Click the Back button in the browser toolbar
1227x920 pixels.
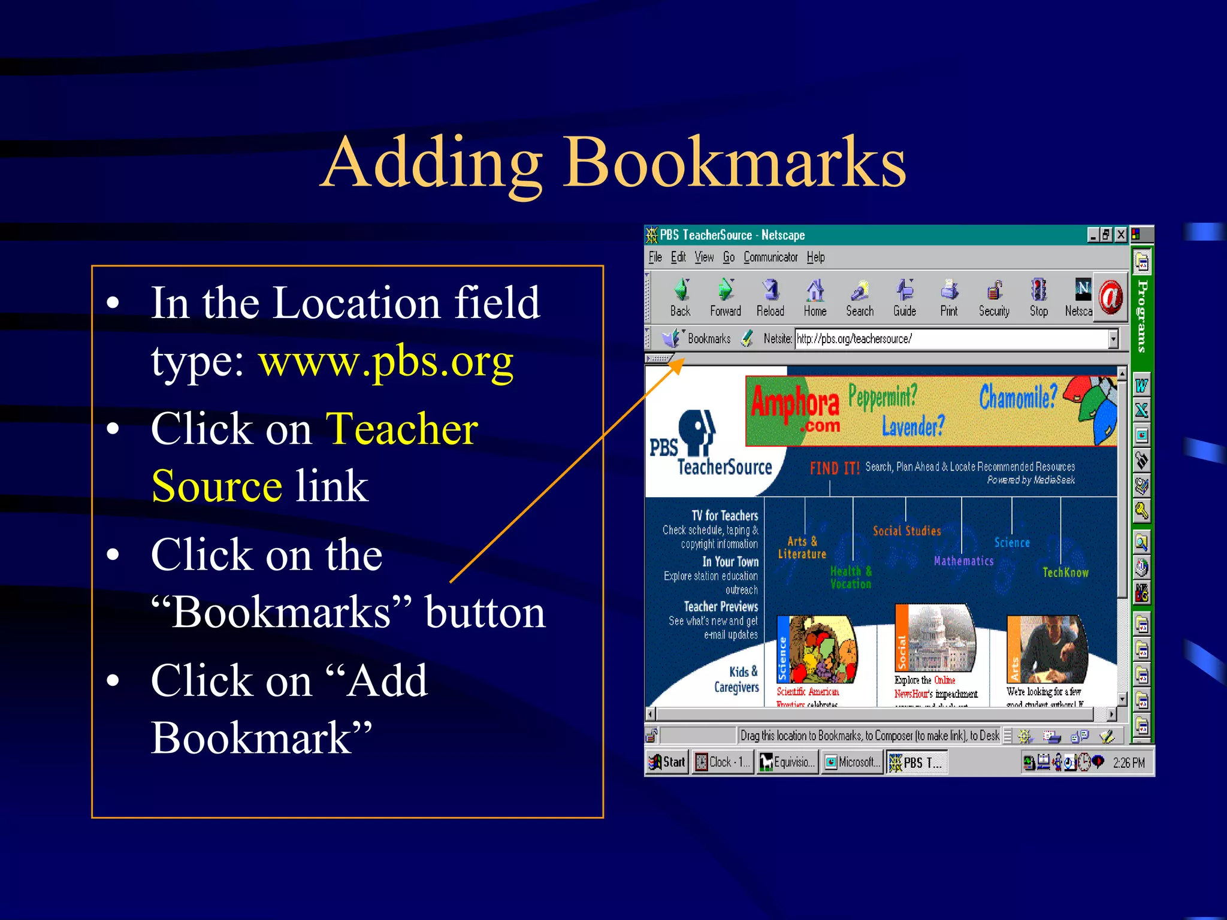coord(680,298)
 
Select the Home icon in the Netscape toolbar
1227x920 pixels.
coord(815,298)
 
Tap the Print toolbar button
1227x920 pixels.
coord(949,298)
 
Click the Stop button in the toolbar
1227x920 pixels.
coord(1039,298)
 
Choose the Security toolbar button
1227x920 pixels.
coord(994,298)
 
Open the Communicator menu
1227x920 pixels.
coord(770,258)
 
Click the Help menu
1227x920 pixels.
coord(815,258)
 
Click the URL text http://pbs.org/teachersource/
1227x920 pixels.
coord(854,339)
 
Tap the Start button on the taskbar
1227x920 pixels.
coord(667,762)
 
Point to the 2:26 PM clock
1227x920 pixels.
coord(1129,763)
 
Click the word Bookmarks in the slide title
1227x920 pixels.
coord(735,162)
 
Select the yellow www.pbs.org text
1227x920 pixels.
coord(386,361)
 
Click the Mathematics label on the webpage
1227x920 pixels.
coord(963,561)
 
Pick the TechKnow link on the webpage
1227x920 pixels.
coord(1065,573)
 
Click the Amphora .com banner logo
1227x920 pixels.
coord(796,409)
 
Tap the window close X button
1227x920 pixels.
coord(1120,235)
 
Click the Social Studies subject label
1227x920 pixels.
coord(906,531)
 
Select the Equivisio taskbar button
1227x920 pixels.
coord(787,762)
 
